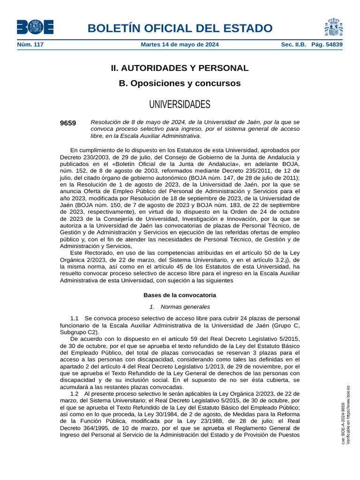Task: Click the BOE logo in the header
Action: tap(35, 27)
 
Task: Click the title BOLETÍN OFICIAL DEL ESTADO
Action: tap(180, 29)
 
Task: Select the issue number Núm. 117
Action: tap(30, 45)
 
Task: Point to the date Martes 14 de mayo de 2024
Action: tap(180, 45)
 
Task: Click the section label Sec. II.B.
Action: tap(293, 45)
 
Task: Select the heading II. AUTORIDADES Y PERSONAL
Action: tap(180, 68)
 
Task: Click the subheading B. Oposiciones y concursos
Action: tap(180, 83)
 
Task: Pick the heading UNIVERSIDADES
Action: tap(180, 104)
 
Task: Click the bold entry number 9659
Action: tap(68, 123)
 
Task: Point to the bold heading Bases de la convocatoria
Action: tap(180, 295)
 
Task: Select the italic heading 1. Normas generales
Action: tap(180, 307)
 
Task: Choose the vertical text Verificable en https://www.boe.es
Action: tap(348, 415)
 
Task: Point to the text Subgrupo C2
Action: tap(78, 332)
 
